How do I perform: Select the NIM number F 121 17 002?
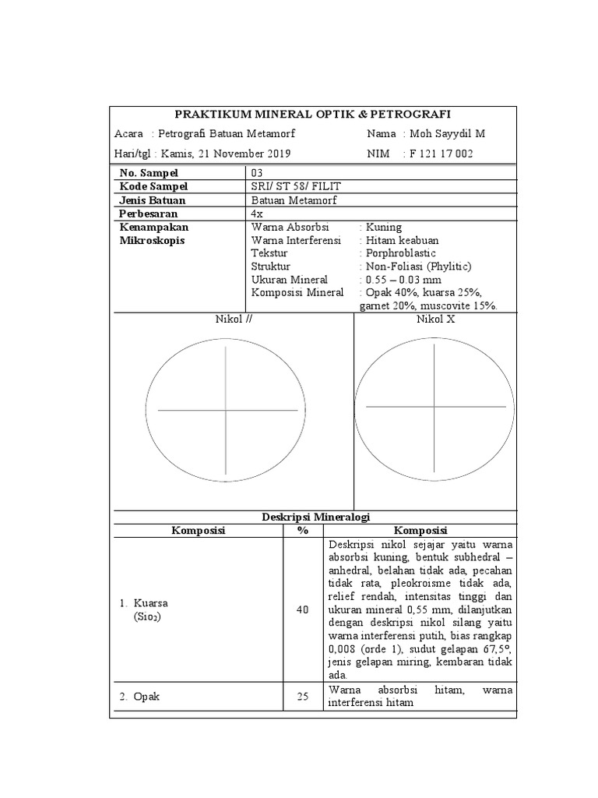pos(441,154)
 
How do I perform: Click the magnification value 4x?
pos(258,213)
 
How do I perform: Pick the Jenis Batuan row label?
pos(152,199)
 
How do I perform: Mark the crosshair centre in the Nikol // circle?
pos(227,410)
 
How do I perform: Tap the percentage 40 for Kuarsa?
pos(303,609)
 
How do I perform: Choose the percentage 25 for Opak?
pos(303,697)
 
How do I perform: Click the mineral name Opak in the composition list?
pos(146,697)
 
